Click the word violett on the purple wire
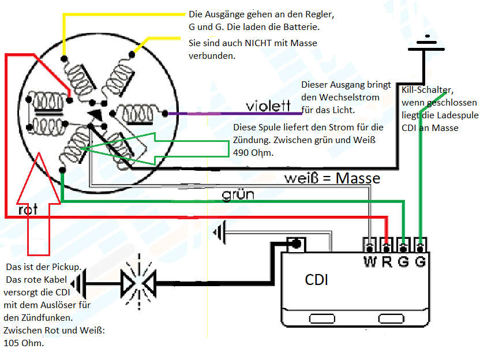(x=268, y=106)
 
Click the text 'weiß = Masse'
(x=332, y=178)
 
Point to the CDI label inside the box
(x=316, y=280)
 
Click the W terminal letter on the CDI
(x=370, y=262)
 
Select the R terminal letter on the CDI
(x=387, y=262)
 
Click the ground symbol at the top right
(x=427, y=44)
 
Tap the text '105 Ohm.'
(x=24, y=343)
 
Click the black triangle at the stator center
(x=95, y=115)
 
